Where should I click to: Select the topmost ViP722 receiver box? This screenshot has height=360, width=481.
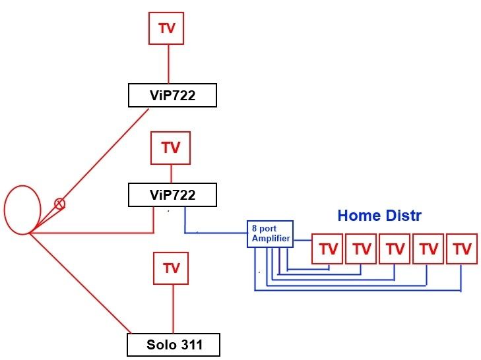[172, 96]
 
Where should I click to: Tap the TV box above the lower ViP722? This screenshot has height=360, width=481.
[171, 148]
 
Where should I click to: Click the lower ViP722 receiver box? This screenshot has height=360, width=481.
[172, 195]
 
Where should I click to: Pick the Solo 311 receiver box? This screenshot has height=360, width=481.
[172, 345]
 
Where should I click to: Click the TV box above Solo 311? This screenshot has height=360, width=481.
[172, 268]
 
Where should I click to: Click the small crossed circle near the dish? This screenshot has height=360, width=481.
[59, 204]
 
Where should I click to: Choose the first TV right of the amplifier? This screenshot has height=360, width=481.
[327, 249]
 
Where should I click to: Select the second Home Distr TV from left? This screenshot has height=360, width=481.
[361, 249]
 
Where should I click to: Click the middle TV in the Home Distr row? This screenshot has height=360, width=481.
[395, 249]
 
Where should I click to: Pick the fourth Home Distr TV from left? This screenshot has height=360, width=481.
[429, 249]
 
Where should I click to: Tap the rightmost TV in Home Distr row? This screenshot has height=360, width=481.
[463, 249]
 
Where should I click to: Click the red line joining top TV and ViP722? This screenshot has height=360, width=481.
[166, 65]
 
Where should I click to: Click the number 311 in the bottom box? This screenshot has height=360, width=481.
[188, 345]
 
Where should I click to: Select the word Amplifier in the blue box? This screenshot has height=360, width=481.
[271, 239]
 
